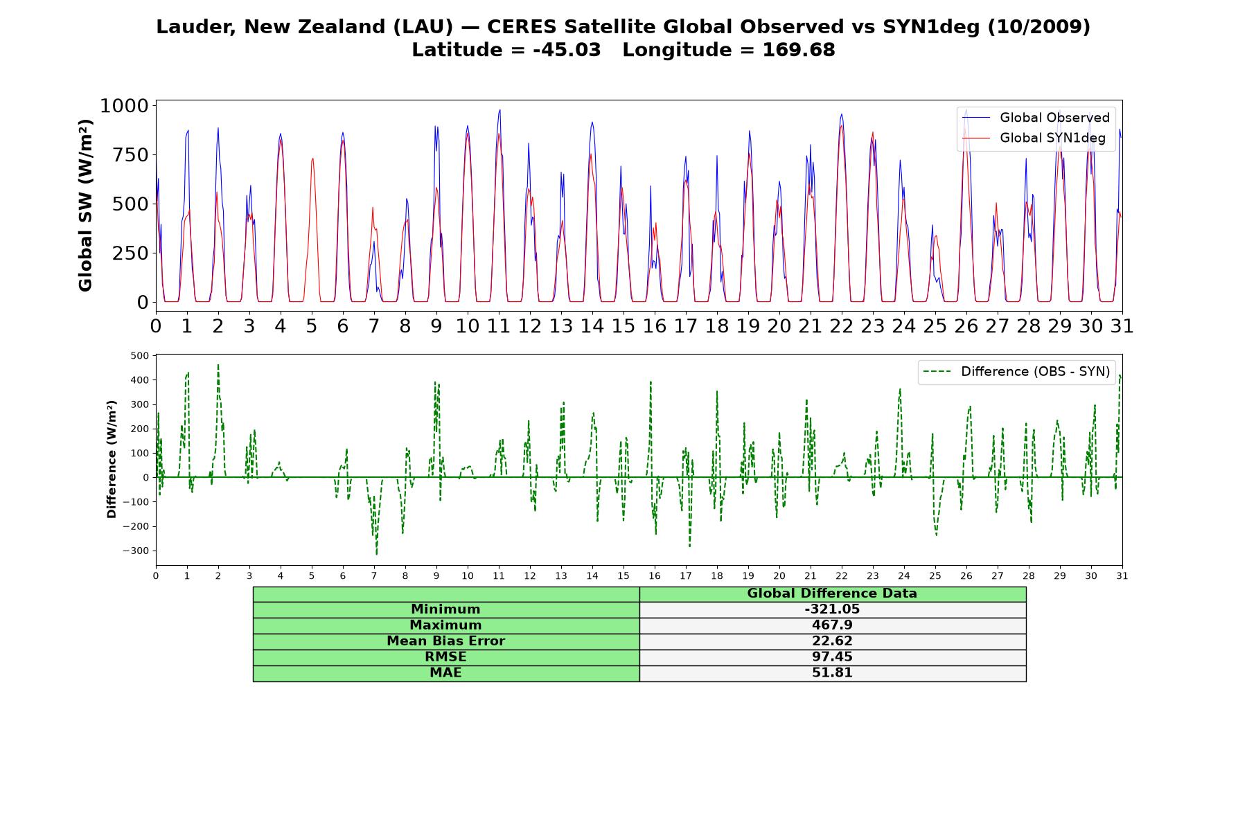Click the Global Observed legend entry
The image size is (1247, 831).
(x=1036, y=118)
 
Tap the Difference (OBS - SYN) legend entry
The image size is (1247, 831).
(x=1016, y=372)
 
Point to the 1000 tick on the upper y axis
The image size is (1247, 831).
(x=125, y=105)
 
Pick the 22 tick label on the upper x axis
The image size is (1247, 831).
(x=842, y=325)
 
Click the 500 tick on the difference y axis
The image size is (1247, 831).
(x=140, y=356)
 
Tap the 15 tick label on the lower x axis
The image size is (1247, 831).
(x=623, y=576)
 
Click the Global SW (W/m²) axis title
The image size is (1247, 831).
(x=85, y=206)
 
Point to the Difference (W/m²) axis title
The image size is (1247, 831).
(x=112, y=459)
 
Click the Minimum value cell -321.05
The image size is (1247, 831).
(x=832, y=609)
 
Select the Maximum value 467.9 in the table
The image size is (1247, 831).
(x=832, y=625)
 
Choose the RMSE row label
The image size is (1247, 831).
(x=445, y=657)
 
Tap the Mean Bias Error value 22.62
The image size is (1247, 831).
(x=832, y=641)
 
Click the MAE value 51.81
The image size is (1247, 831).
(x=832, y=673)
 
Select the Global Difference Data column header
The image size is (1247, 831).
(x=832, y=593)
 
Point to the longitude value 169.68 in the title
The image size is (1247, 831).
(x=799, y=50)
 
